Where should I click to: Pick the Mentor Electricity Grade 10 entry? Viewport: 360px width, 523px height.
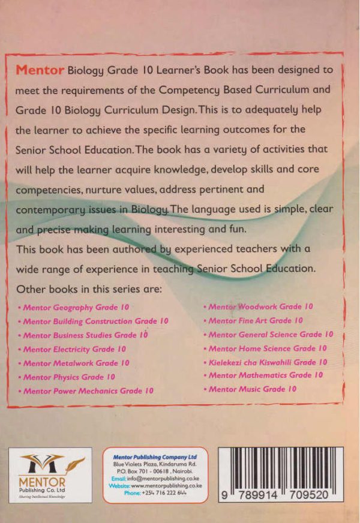(74, 349)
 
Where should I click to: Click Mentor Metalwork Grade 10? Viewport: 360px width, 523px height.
(76, 363)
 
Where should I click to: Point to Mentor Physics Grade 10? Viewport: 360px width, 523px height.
(69, 377)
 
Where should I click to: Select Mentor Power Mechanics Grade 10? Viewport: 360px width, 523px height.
(88, 390)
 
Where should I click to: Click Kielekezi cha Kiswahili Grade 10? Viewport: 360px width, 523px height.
(268, 362)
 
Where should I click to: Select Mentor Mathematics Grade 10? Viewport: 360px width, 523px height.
(266, 375)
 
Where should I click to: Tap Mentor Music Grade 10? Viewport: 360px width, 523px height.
(253, 389)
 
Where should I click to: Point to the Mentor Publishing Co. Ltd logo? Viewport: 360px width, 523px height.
(50, 474)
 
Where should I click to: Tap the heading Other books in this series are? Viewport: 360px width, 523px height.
(89, 288)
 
